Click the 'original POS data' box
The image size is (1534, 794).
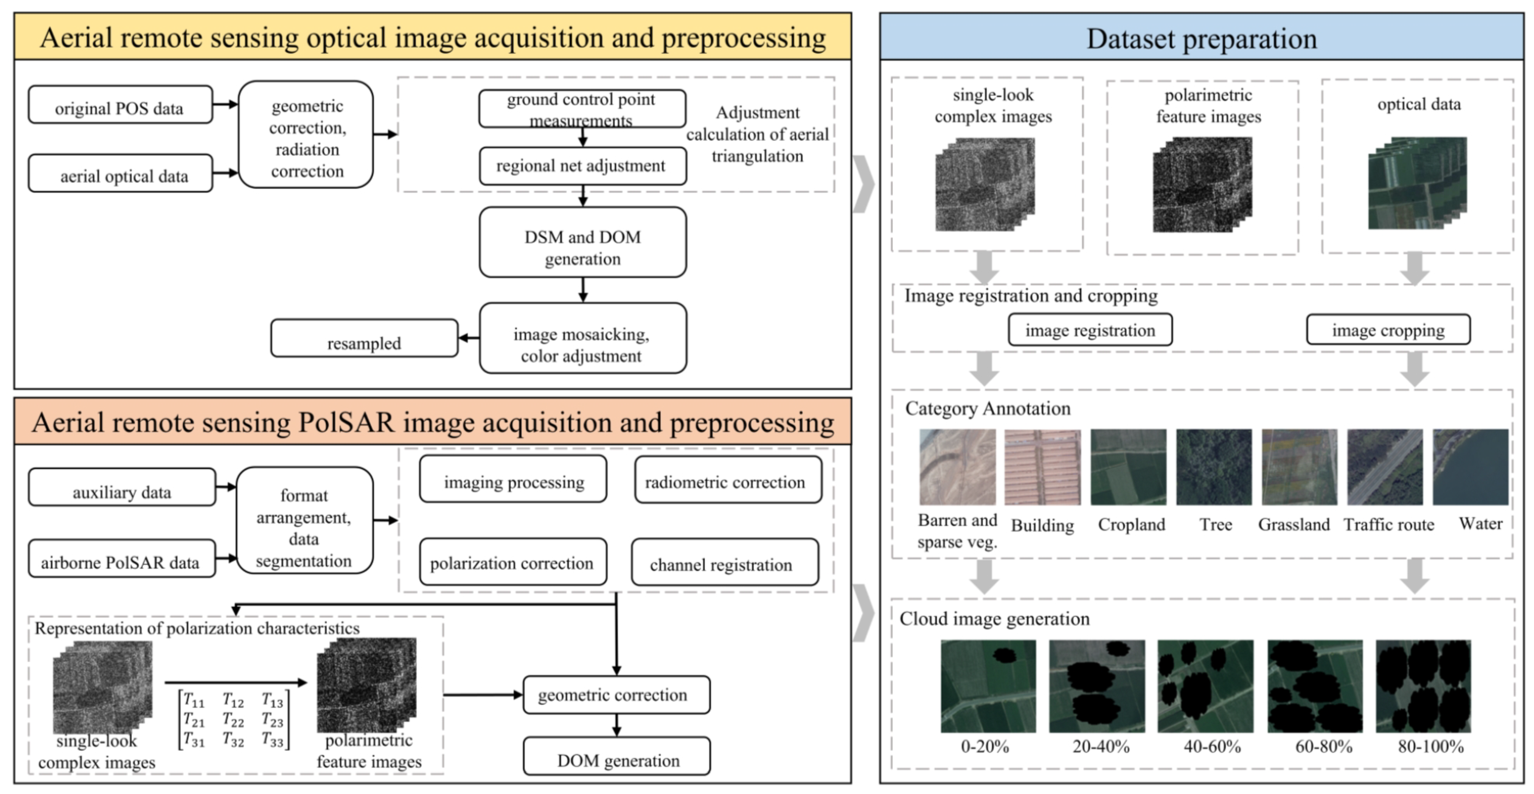[x=120, y=105]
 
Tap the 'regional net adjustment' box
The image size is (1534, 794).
[x=582, y=166]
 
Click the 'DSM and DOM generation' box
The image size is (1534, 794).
[x=582, y=242]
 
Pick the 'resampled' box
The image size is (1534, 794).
[x=364, y=338]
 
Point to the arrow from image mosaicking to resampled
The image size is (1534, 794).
[x=469, y=338]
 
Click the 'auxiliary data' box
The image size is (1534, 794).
[x=121, y=487]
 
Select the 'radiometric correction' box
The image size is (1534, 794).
[x=727, y=480]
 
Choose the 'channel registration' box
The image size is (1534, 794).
[x=724, y=562]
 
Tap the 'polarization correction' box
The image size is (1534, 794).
[x=512, y=562]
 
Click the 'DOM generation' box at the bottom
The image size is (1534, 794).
[x=616, y=756]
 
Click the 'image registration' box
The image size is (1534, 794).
[x=1090, y=330]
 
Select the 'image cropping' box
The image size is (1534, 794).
[x=1388, y=330]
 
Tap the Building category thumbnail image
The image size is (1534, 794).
[x=1042, y=467]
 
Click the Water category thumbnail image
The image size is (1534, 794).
[x=1470, y=467]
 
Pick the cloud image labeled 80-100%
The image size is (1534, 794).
[x=1423, y=686]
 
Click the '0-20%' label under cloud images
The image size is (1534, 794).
[x=984, y=746]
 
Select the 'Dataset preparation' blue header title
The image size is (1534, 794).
[x=1201, y=38]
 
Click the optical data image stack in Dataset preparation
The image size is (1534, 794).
[x=1417, y=183]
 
